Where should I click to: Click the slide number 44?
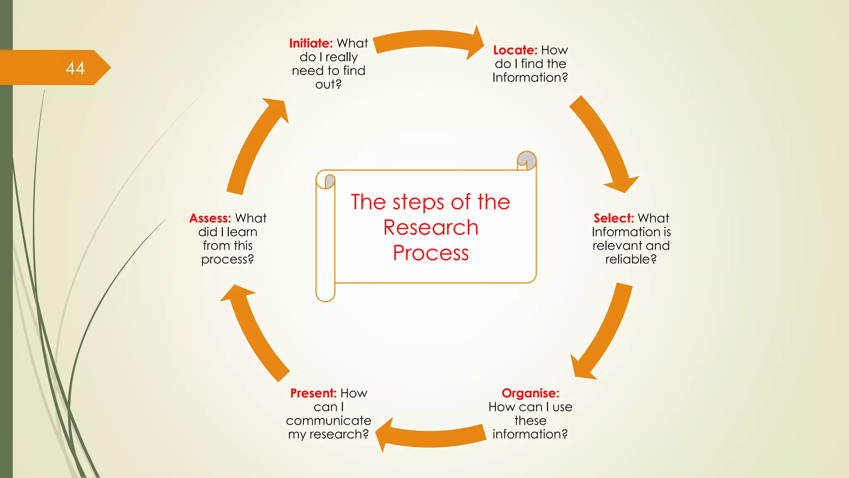point(75,68)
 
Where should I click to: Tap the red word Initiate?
point(311,43)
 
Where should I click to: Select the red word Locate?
point(515,50)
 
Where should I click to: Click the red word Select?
point(614,218)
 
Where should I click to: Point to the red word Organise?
point(530,393)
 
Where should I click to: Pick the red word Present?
point(313,393)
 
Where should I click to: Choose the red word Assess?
point(210,218)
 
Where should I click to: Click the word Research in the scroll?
point(431,227)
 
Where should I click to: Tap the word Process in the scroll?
point(431,253)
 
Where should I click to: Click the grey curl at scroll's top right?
point(527,160)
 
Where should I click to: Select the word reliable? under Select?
point(631,259)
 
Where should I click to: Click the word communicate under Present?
point(328,420)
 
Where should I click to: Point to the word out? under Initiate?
point(328,84)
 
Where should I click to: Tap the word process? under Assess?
point(227,259)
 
